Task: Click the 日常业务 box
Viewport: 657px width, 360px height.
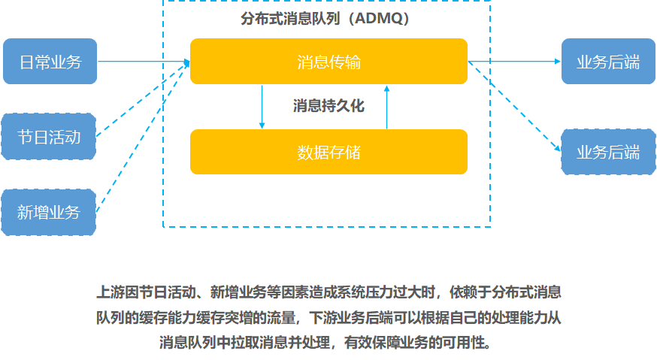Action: pyautogui.click(x=50, y=61)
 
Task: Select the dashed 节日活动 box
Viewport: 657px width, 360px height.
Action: pyautogui.click(x=49, y=137)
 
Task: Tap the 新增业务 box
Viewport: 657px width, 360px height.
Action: pyautogui.click(x=49, y=212)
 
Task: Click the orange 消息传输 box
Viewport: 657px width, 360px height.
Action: pyautogui.click(x=329, y=61)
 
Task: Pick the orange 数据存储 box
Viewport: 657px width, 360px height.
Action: pyautogui.click(x=329, y=152)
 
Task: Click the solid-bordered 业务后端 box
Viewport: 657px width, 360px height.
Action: pyautogui.click(x=608, y=61)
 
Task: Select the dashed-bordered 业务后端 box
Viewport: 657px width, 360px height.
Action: pyautogui.click(x=608, y=152)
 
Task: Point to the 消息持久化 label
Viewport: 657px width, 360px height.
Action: pyautogui.click(x=329, y=106)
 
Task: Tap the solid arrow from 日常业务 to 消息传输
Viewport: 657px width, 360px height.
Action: pyautogui.click(x=144, y=62)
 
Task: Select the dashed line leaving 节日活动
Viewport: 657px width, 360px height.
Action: pyautogui.click(x=143, y=99)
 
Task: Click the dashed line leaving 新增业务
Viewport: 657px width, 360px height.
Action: pyautogui.click(x=143, y=137)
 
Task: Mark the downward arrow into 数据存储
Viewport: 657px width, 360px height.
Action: pyautogui.click(x=262, y=107)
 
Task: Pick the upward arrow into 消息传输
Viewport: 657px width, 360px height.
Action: pyautogui.click(x=386, y=107)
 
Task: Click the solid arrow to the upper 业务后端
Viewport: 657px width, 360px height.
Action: pyautogui.click(x=514, y=62)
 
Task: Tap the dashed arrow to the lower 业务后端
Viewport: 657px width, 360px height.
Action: pyautogui.click(x=514, y=107)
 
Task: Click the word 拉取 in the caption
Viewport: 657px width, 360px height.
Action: pyautogui.click(x=245, y=343)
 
